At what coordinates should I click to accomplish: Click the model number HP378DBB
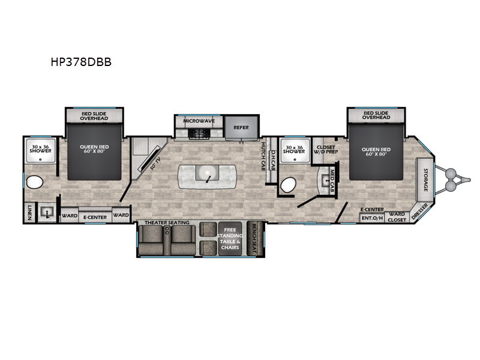81,61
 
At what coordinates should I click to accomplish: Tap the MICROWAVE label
199,121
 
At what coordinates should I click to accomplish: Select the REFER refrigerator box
241,127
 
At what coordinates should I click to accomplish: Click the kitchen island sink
207,175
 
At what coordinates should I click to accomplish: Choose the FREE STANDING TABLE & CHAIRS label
230,239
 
